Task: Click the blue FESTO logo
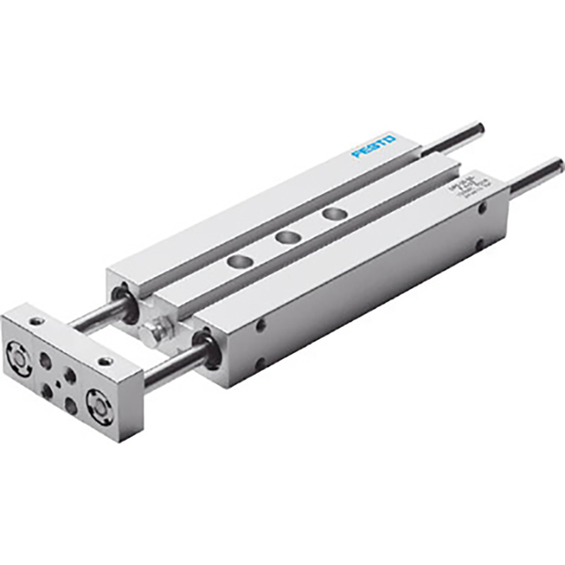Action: point(375,146)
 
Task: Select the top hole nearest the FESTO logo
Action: point(331,215)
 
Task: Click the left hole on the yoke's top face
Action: point(37,322)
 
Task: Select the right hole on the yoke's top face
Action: point(105,359)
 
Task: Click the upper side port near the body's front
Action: point(259,327)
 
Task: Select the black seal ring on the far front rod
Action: point(122,302)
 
